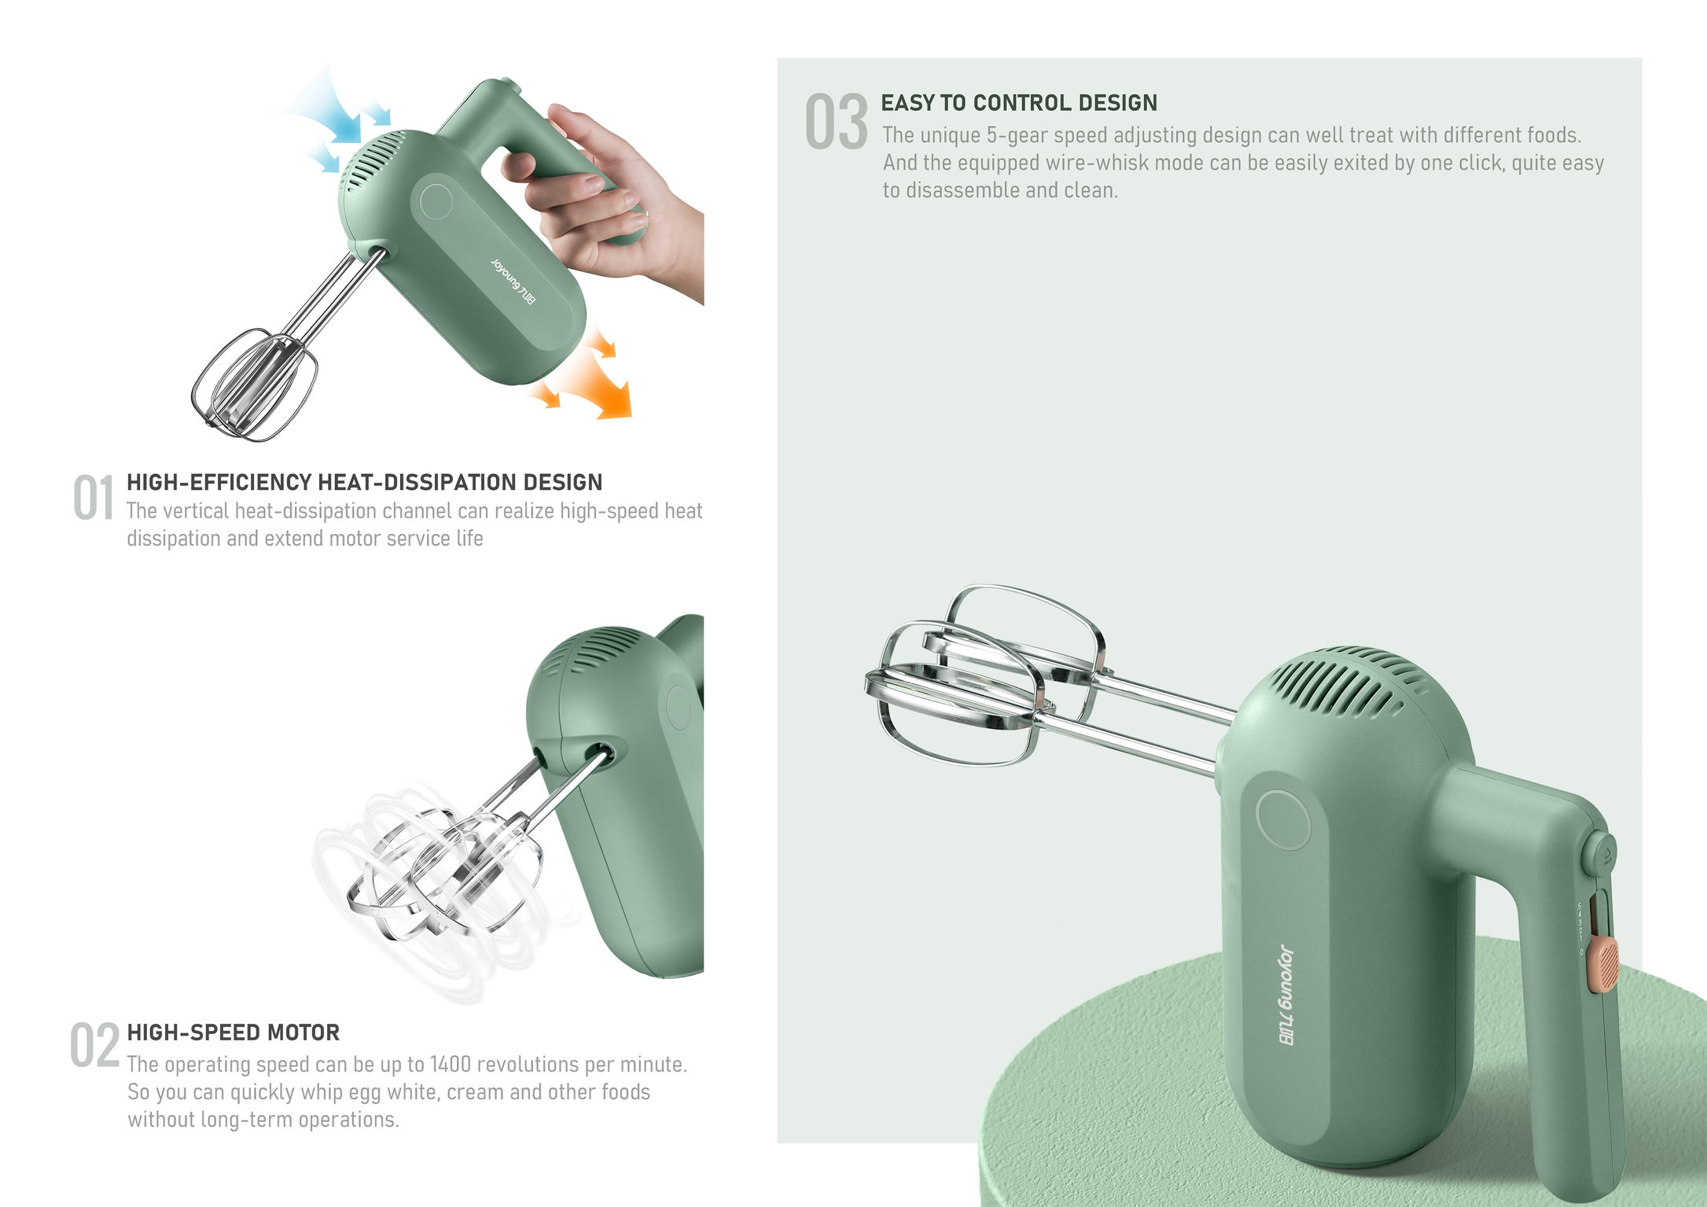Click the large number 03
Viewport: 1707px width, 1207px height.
(x=837, y=122)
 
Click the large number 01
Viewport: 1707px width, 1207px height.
(x=94, y=498)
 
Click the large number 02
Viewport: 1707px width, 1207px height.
(x=94, y=1046)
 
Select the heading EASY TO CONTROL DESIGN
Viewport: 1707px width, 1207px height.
(x=1018, y=103)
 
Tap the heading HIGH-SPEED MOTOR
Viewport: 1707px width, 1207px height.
(x=234, y=1032)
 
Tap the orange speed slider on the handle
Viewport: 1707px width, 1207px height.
(x=1602, y=966)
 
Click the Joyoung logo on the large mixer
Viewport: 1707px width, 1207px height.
(x=1286, y=995)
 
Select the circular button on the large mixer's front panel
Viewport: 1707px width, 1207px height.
(x=1283, y=818)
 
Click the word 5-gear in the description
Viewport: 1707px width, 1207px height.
(x=1017, y=135)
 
